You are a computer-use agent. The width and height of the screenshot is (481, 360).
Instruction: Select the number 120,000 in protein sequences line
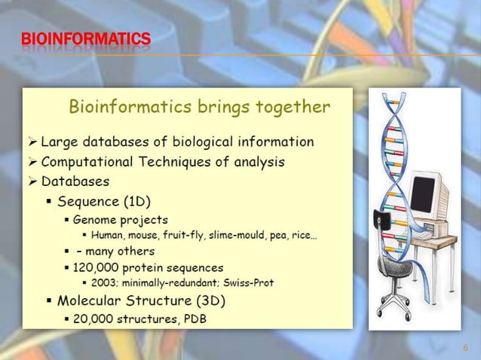tap(96, 267)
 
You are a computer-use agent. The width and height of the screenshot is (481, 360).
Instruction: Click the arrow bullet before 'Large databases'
tap(31, 141)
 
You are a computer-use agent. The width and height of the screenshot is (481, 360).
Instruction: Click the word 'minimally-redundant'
tap(171, 283)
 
